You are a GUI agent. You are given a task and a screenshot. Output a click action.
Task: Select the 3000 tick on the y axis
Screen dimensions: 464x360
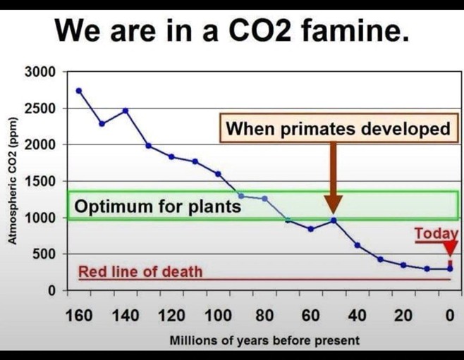[40, 72]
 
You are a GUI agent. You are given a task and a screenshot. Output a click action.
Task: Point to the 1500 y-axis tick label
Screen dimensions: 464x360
[40, 181]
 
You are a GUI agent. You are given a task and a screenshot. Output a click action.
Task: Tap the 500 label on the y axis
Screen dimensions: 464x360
[44, 254]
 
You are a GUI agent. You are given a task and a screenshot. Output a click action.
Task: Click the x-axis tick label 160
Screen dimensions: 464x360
[79, 315]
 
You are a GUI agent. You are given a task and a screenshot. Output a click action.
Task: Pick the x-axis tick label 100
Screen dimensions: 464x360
[218, 315]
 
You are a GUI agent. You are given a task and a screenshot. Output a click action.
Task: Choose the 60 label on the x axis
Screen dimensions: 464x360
[311, 315]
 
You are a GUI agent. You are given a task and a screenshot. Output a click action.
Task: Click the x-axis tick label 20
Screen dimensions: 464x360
[403, 315]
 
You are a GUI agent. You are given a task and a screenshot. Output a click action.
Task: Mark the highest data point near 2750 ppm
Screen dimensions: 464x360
[79, 91]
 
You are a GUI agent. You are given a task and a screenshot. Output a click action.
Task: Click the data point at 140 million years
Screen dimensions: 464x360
[126, 111]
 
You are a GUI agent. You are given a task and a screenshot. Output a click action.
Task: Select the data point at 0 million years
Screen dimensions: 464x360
[450, 269]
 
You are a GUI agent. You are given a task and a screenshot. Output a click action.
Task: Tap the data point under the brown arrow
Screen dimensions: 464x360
[334, 221]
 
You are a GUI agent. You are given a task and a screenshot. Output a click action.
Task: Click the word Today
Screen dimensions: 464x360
[436, 233]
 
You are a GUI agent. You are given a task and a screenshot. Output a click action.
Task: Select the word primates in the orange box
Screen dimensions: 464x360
[318, 129]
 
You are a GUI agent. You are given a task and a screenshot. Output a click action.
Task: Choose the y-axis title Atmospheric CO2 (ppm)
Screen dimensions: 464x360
[12, 181]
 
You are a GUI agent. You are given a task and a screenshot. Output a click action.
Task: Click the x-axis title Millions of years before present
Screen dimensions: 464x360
[264, 340]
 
